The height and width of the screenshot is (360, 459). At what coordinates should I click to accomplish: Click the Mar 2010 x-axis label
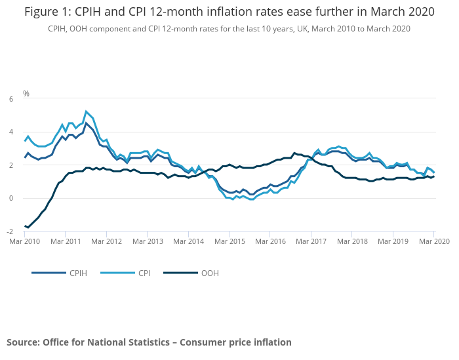[x=25, y=241]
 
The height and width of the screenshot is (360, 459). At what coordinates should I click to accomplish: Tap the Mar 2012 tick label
[x=107, y=241]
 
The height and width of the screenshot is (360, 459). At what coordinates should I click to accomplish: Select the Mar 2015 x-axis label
[x=229, y=241]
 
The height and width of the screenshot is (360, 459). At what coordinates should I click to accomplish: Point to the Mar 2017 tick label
[x=311, y=241]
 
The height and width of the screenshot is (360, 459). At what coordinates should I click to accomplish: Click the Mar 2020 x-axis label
[x=434, y=241]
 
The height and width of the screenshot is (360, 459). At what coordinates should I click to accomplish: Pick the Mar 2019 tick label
[x=393, y=241]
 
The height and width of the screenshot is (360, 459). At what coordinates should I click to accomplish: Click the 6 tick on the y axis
[x=11, y=99]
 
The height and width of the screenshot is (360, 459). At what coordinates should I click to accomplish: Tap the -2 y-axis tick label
[x=10, y=232]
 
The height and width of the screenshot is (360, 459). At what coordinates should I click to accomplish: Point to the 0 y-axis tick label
[x=11, y=199]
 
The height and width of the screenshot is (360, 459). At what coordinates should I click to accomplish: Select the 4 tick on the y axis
[x=11, y=132]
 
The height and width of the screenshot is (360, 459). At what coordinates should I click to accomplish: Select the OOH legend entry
[x=209, y=273]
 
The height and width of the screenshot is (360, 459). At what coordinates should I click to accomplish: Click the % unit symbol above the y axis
[x=26, y=93]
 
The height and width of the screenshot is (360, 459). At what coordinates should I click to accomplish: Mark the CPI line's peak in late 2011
[x=87, y=111]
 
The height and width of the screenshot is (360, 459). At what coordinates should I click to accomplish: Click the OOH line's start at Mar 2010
[x=25, y=226]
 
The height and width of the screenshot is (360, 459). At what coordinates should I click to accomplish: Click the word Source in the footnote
[x=22, y=342]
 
